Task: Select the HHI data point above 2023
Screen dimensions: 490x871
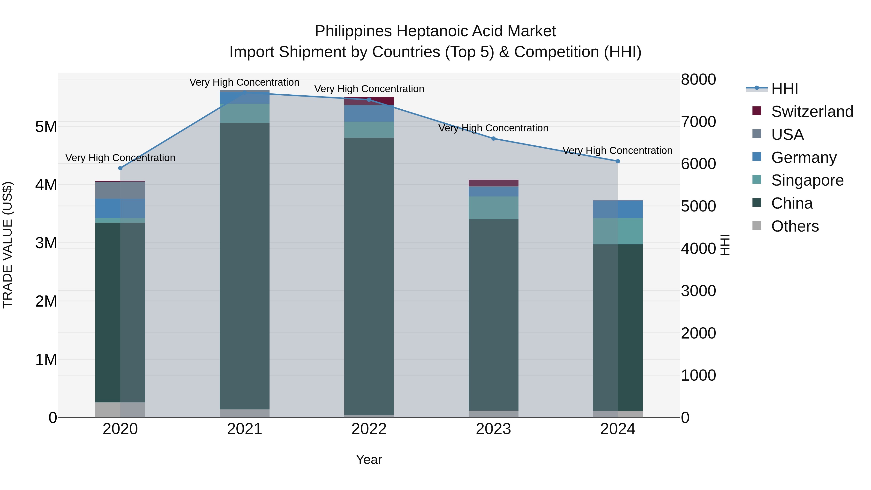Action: [493, 138]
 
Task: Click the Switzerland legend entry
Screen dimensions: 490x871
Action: [812, 112]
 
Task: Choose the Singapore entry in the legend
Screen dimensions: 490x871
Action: [807, 180]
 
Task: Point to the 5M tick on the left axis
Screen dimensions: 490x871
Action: [46, 127]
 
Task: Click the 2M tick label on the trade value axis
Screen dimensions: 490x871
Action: [46, 301]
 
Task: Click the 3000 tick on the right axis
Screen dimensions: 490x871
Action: [698, 291]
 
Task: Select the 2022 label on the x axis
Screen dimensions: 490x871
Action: [369, 429]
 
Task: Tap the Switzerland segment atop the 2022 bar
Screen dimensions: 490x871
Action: [369, 100]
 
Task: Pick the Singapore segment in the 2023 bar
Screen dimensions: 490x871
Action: [493, 208]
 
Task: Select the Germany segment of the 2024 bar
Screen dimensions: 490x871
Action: [618, 209]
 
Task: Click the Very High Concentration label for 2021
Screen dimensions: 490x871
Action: [244, 82]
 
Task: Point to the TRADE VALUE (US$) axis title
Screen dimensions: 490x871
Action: [8, 245]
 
